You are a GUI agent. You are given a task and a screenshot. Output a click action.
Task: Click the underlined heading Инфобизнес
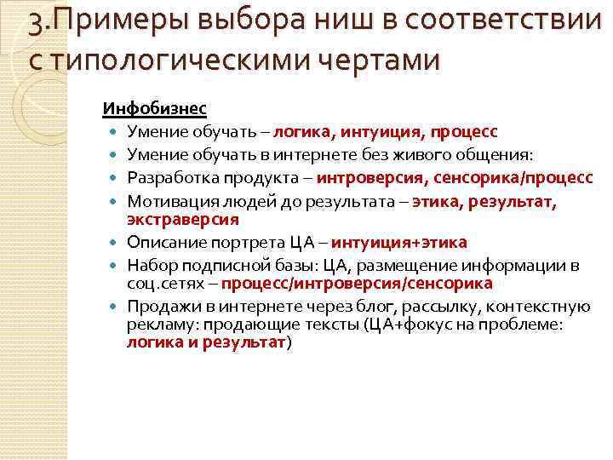pyautogui.click(x=154, y=110)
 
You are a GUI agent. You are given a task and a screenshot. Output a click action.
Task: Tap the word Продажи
pyautogui.click(x=157, y=307)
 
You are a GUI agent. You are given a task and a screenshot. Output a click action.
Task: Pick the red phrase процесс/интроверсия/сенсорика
pyautogui.click(x=357, y=283)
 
